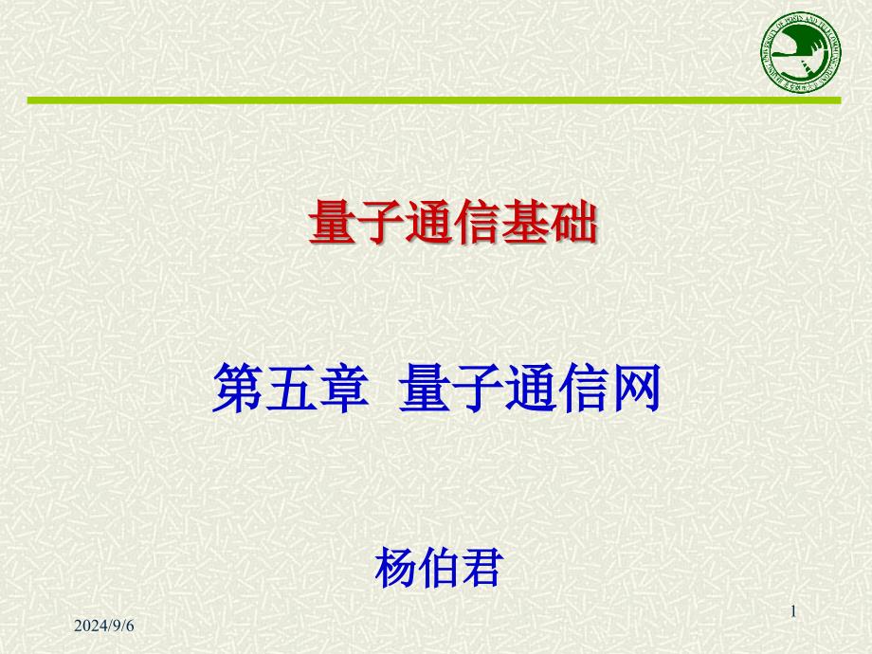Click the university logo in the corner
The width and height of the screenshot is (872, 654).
coord(799,54)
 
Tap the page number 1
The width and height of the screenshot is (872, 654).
coord(793,613)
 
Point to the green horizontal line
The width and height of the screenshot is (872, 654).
coord(434,100)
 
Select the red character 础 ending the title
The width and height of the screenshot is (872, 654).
coord(574,227)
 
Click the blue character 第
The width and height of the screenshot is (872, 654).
coord(237,391)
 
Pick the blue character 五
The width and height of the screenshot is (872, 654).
coord(289,391)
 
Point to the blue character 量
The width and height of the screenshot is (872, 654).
coord(424,391)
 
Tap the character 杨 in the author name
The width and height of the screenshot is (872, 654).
coord(395,567)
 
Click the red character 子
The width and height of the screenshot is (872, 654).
coord(379,227)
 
